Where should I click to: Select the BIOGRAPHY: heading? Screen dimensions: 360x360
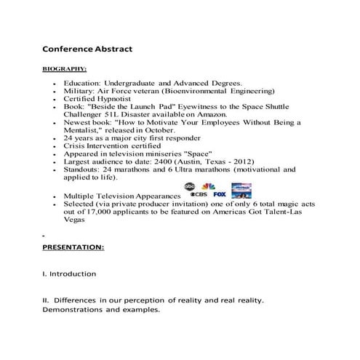[65, 70]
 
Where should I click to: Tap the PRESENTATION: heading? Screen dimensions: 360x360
[73, 247]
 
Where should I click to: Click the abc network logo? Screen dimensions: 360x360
[190, 187]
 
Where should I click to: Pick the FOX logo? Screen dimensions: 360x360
[219, 195]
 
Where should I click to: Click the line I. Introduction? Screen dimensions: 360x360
[69, 273]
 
